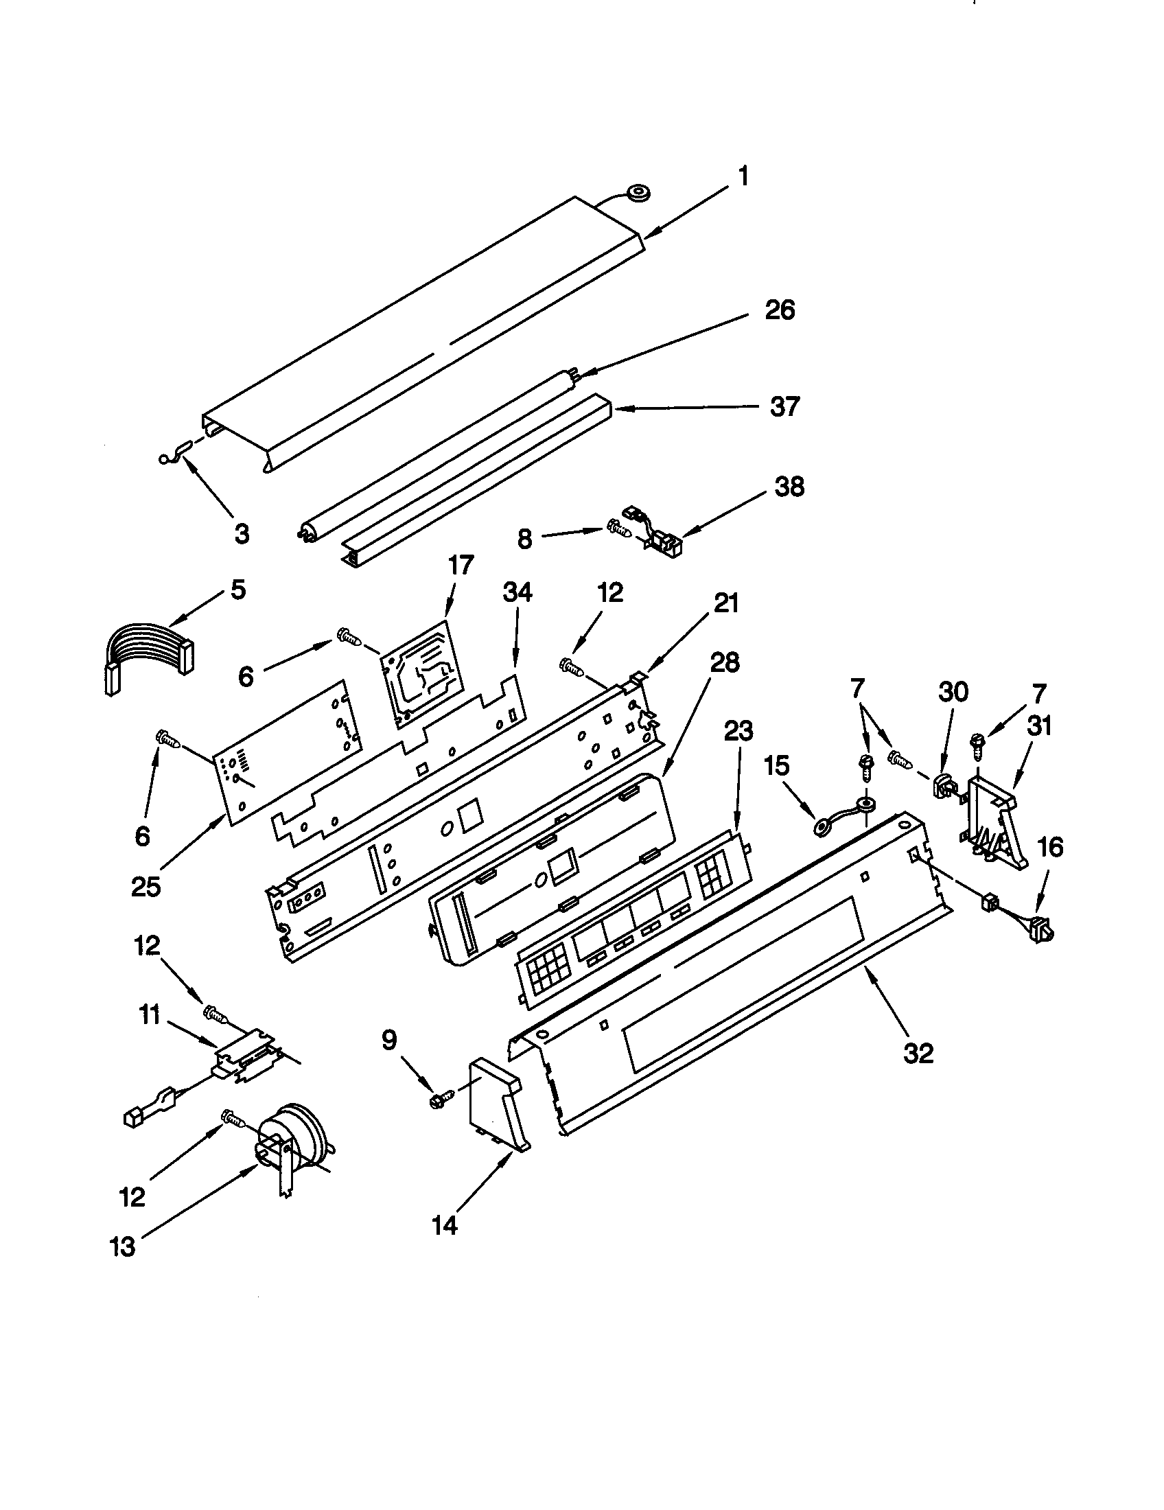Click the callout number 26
pos(779,310)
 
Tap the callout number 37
pos(784,406)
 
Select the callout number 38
pos(789,487)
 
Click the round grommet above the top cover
pos(637,194)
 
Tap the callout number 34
pos(517,592)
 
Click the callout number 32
pos(917,1053)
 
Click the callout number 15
pos(776,766)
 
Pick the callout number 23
pos(738,731)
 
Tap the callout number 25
pos(146,886)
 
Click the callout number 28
pos(723,662)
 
